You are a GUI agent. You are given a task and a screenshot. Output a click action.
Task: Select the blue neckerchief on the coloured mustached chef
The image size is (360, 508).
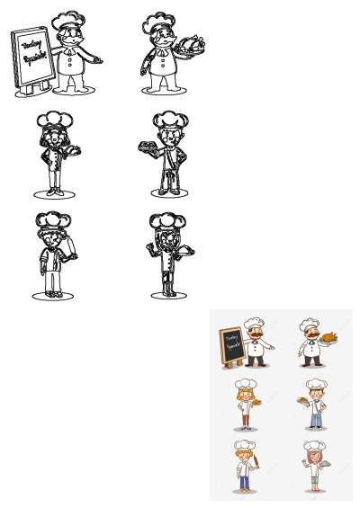coord(310,343)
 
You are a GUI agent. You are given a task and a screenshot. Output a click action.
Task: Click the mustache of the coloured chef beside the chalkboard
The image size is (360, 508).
coord(256,336)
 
